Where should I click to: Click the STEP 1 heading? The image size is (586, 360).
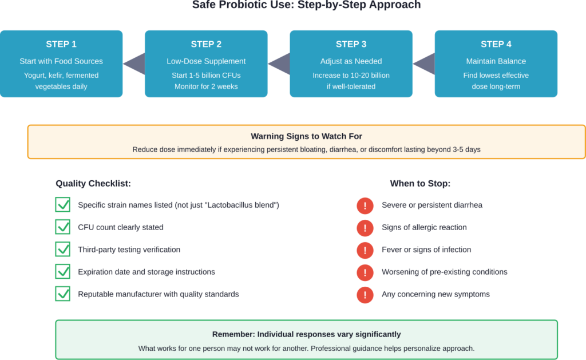(61, 44)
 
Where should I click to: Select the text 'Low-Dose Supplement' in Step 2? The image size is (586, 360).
(206, 61)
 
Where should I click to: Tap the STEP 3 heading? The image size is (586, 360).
(351, 44)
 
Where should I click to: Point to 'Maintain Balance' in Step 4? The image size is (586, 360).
(496, 61)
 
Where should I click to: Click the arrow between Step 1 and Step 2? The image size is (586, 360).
(134, 64)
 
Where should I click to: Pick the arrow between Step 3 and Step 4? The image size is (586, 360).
(423, 64)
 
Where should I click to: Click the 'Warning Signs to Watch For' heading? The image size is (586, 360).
(306, 137)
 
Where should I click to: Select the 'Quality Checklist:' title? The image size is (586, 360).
(93, 184)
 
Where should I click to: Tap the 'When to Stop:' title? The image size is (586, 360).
(420, 184)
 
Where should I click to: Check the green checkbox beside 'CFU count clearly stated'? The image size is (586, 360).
(62, 227)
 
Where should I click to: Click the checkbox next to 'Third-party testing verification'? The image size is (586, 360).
(62, 250)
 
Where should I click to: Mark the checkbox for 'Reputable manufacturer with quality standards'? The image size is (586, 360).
(62, 294)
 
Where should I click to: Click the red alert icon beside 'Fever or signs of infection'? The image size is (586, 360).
(365, 250)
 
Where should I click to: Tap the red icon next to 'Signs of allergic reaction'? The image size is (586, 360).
(365, 228)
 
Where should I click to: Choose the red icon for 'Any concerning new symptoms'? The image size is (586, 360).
(365, 295)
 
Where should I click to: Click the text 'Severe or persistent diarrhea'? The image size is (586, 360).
(432, 205)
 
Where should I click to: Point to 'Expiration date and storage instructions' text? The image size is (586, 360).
(146, 272)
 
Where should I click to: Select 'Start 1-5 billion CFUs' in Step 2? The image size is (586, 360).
(206, 76)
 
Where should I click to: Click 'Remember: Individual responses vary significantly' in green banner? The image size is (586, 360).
(306, 334)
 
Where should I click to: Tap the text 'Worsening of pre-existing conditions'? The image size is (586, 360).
(445, 272)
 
